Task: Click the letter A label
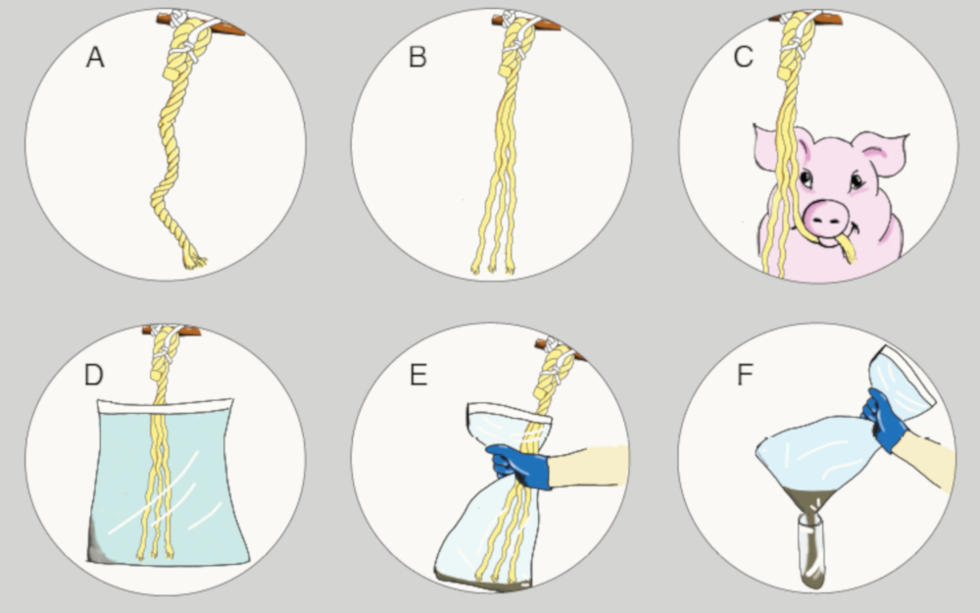click(x=95, y=58)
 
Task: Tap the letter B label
click(x=417, y=58)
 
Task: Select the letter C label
click(x=743, y=58)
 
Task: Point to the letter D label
click(x=93, y=375)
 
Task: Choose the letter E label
click(x=418, y=375)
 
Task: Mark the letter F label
click(x=745, y=375)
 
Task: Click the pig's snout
click(x=825, y=218)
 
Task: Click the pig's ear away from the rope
click(x=881, y=152)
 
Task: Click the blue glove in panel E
click(x=517, y=465)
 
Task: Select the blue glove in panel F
click(x=883, y=419)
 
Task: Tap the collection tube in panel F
click(x=810, y=550)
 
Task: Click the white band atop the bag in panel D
click(x=165, y=406)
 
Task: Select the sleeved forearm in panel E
click(x=587, y=465)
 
